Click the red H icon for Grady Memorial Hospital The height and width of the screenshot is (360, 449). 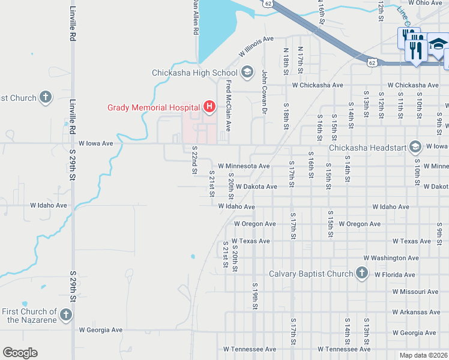coord(209,107)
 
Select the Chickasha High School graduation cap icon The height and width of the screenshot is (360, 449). coord(246,73)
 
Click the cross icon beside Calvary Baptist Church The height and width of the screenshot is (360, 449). coord(361,274)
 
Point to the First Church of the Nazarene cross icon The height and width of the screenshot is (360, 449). coord(66,315)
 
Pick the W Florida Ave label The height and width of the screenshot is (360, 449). coord(394,275)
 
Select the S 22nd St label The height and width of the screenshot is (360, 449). coord(194,160)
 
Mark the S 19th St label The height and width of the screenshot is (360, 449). coord(255,296)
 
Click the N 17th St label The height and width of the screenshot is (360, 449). coord(300,58)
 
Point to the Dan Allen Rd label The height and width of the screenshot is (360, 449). coord(195,17)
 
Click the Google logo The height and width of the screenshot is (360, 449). coord(20,353)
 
